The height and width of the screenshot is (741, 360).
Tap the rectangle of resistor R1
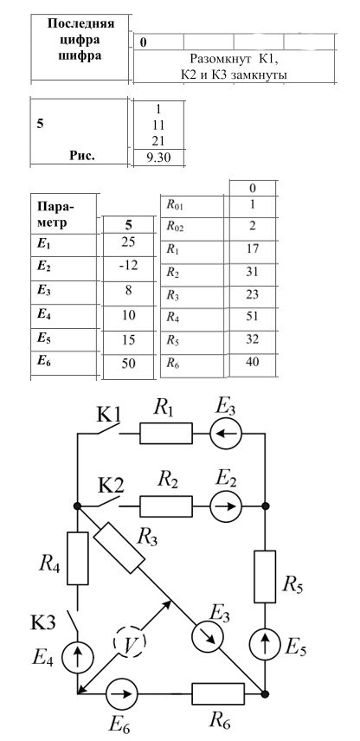pyautogui.click(x=166, y=433)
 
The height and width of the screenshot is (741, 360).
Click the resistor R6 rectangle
pyautogui.click(x=218, y=693)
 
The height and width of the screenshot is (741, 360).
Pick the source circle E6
pyautogui.click(x=121, y=694)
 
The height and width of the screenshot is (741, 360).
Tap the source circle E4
pyautogui.click(x=77, y=657)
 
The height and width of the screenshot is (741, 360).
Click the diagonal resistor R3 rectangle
pyautogui.click(x=119, y=547)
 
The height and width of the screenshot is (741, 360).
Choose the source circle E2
pyautogui.click(x=226, y=506)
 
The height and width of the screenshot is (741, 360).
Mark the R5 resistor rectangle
pyautogui.click(x=265, y=577)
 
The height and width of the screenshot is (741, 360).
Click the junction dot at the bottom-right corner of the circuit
pyautogui.click(x=265, y=694)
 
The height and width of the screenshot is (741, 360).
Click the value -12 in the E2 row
pyautogui.click(x=128, y=266)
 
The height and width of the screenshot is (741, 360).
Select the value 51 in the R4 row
pyautogui.click(x=253, y=316)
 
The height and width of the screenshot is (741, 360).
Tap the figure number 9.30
pyautogui.click(x=158, y=158)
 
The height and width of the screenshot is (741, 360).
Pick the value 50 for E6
pyautogui.click(x=128, y=364)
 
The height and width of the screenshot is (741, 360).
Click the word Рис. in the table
pyautogui.click(x=82, y=156)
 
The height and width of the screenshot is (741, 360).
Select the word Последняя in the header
pyautogui.click(x=80, y=24)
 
